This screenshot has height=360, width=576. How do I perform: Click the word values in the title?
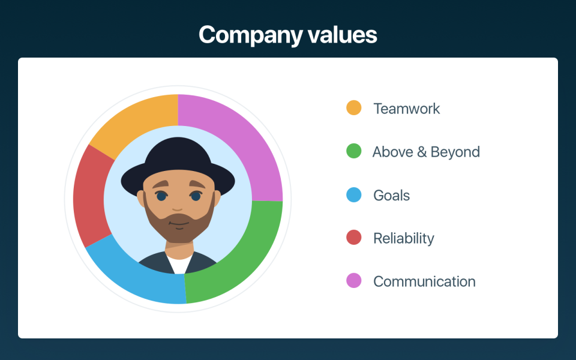click(x=343, y=35)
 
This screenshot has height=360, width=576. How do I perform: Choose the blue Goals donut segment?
click(x=140, y=275)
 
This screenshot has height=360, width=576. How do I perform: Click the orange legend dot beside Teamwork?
click(x=354, y=107)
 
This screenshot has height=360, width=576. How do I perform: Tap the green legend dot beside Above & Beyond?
click(x=354, y=151)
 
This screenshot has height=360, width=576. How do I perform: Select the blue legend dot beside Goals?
click(x=354, y=194)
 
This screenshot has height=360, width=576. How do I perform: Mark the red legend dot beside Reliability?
click(x=354, y=238)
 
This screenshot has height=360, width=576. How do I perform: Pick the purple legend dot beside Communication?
click(x=354, y=281)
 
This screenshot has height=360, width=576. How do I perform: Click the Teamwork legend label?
click(x=407, y=109)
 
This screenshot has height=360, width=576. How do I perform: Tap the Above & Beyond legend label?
click(x=426, y=152)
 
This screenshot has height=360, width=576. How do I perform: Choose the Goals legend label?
click(x=392, y=196)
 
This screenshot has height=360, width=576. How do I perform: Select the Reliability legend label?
click(x=404, y=239)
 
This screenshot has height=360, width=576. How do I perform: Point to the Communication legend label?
click(x=424, y=282)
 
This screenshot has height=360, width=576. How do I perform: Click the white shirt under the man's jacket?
click(x=179, y=265)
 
